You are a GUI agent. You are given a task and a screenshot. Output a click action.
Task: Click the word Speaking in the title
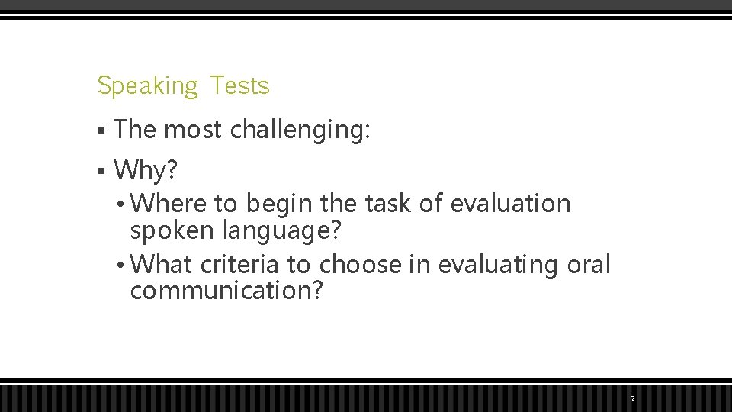point(147,86)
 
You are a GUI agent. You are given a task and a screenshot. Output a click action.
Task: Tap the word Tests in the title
point(239,85)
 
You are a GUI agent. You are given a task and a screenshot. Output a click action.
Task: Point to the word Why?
point(145,170)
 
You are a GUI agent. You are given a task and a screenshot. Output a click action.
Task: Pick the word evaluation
point(510,204)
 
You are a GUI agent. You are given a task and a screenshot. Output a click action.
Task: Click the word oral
point(589,265)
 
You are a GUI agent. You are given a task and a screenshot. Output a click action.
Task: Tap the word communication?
point(227,291)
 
